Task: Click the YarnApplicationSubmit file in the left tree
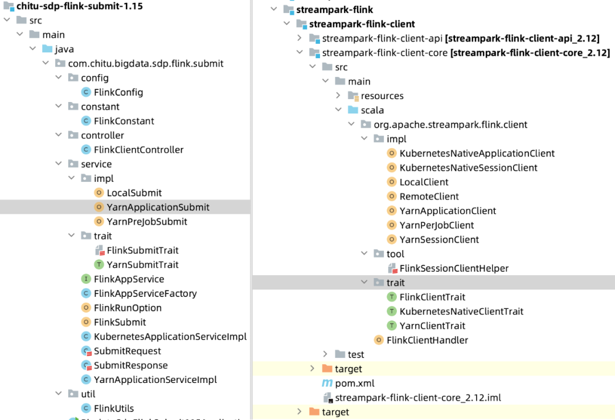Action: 158,207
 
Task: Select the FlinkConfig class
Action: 118,92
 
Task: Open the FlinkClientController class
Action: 138,150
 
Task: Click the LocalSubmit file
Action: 134,193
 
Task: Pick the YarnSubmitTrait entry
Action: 142,265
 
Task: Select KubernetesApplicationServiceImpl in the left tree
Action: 170,337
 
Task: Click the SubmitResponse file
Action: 130,366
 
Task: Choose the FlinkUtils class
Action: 114,409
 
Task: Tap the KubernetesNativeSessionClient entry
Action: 468,168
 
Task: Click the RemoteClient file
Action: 429,197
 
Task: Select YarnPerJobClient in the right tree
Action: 437,226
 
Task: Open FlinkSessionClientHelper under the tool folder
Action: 454,268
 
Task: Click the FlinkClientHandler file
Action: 427,340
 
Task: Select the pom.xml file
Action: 354,384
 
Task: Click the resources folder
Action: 382,96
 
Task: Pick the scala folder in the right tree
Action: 372,111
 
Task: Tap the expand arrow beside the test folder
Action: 325,354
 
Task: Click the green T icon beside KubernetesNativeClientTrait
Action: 392,312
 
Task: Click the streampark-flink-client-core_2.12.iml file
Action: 417,398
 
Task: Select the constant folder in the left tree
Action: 100,107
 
